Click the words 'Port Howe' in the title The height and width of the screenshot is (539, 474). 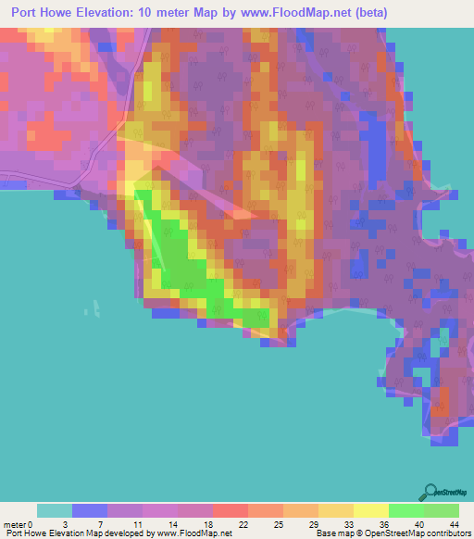(46, 12)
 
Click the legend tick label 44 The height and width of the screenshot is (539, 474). (455, 524)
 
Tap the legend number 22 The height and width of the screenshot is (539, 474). (242, 524)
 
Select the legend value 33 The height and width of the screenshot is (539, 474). (348, 524)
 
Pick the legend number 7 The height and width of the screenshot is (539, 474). (100, 524)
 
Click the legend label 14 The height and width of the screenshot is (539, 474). (170, 524)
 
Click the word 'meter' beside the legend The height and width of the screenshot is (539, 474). (14, 524)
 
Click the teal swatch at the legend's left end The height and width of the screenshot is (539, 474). (55, 510)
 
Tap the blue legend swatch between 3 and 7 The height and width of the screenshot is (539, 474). (90, 510)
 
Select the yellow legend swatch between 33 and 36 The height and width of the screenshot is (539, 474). (371, 510)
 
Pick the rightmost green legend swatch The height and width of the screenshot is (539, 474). (442, 510)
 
